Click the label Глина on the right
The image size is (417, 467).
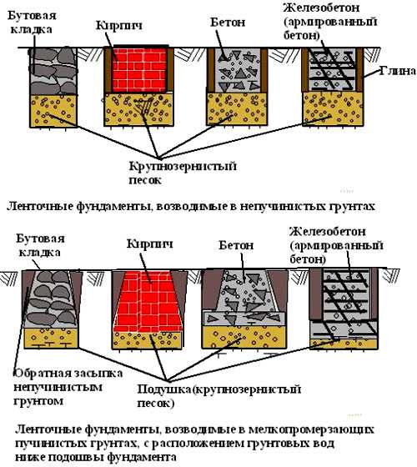(398, 71)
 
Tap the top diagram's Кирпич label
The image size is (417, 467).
(118, 26)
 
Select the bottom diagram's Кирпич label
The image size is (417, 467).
(149, 244)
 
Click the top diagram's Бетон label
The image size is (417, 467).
(228, 23)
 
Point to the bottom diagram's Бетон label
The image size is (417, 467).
(236, 245)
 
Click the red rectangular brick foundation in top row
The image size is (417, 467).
(139, 70)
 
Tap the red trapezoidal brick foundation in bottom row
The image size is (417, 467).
(148, 302)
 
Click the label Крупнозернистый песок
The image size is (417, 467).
(183, 173)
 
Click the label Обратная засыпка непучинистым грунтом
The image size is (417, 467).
(68, 387)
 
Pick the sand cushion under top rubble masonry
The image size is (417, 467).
(53, 111)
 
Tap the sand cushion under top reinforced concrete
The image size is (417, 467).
(333, 108)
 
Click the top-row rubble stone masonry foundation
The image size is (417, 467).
(53, 71)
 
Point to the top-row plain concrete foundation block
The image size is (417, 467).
(238, 70)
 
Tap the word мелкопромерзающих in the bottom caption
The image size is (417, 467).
(311, 429)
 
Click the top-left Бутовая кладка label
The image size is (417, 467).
(32, 23)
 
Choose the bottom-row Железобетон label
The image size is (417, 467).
(327, 232)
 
